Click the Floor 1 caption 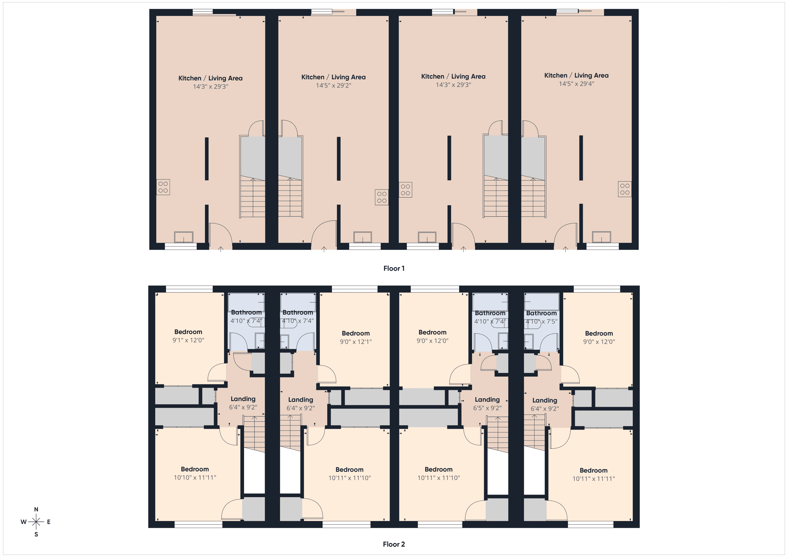tap(394, 268)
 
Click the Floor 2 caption tap(394, 544)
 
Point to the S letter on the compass tap(36, 534)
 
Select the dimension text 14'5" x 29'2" tap(334, 85)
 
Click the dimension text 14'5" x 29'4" tap(576, 84)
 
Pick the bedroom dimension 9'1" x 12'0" tap(188, 340)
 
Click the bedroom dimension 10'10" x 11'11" tap(195, 477)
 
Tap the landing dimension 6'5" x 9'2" tap(487, 408)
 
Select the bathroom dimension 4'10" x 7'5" tap(541, 322)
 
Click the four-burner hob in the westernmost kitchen tap(163, 187)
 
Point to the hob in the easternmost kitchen tap(625, 189)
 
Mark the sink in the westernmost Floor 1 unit tap(184, 237)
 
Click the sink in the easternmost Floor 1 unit tap(601, 237)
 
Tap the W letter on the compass tap(23, 522)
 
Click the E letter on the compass tap(49, 522)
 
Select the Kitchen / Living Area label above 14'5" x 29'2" tap(333, 77)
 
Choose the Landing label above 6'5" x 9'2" tap(487, 400)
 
